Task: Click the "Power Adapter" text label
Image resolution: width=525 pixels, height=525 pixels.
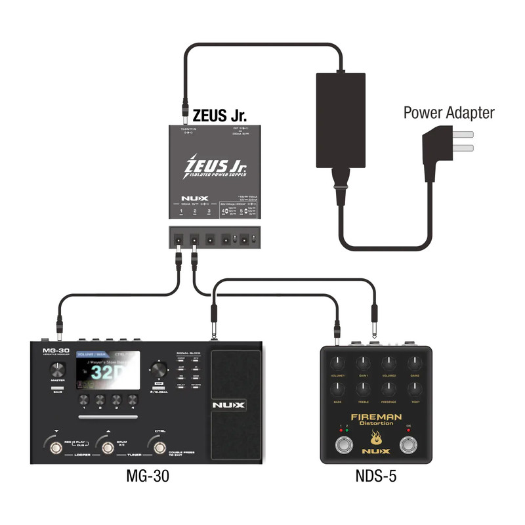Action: (449, 113)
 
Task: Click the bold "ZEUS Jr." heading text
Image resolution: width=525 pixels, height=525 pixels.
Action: (219, 115)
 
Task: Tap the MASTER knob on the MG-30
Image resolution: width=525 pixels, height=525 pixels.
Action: (58, 368)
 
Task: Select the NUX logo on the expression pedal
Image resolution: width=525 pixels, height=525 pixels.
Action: (228, 406)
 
